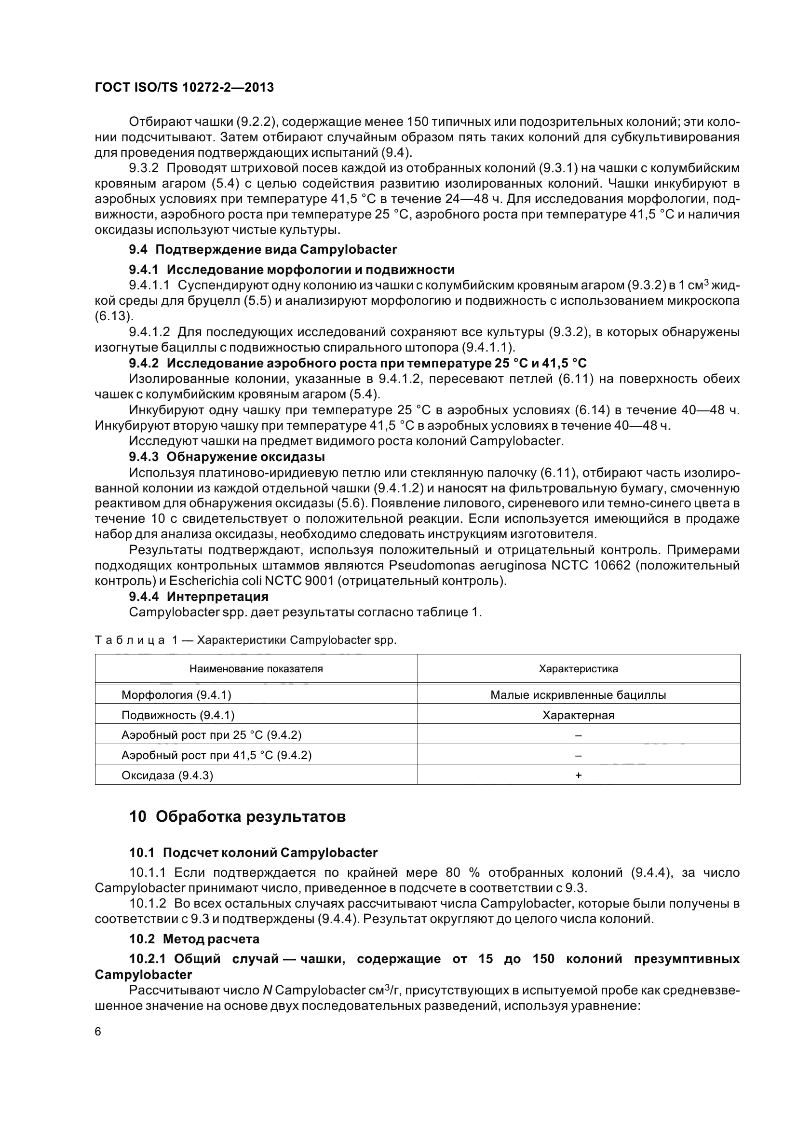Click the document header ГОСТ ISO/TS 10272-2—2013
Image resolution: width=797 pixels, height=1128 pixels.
184,87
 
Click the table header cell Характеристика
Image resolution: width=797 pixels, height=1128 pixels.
578,668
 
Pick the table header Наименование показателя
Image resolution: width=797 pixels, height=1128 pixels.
256,668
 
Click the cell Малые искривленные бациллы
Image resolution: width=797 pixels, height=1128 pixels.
578,694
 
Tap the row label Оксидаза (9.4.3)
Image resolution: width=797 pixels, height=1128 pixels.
167,775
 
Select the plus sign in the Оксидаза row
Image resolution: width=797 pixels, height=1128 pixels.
578,775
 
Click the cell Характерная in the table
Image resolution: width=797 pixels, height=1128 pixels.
578,715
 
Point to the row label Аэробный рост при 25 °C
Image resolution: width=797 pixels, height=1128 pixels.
211,735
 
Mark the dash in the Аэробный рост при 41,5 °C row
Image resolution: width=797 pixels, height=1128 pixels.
578,755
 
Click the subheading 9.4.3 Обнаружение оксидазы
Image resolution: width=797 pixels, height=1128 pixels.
227,457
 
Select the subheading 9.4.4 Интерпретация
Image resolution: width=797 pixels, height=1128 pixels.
198,597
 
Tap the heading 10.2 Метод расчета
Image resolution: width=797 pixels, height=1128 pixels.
194,939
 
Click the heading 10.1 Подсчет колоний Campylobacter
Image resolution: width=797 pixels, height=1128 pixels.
253,852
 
